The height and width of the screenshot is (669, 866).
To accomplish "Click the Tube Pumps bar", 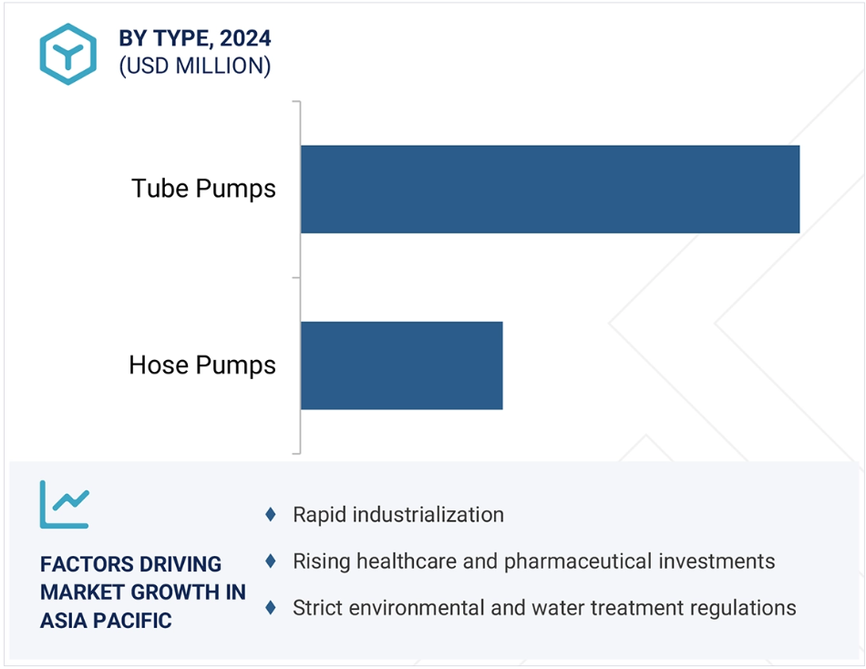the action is [x=550, y=190].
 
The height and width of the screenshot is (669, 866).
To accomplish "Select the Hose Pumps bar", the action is [x=402, y=365].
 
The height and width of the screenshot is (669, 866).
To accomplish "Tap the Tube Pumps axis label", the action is [x=203, y=189].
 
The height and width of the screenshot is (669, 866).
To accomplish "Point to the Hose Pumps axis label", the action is [x=202, y=365].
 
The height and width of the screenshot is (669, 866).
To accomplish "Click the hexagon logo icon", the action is [x=68, y=54].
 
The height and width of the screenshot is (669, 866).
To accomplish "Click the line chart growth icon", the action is [x=64, y=504].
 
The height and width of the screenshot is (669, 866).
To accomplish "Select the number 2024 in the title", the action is [x=245, y=38].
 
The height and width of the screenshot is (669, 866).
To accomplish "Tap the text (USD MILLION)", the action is [x=195, y=66].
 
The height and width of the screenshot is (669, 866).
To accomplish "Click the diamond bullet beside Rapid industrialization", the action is [x=271, y=514].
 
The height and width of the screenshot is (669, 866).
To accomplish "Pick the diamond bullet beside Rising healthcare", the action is [x=271, y=561].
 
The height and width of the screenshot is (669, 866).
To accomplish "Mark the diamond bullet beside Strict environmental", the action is [x=271, y=608].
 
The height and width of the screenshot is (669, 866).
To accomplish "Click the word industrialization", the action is [x=428, y=515].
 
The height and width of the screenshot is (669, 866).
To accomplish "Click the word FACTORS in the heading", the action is [x=78, y=564].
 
